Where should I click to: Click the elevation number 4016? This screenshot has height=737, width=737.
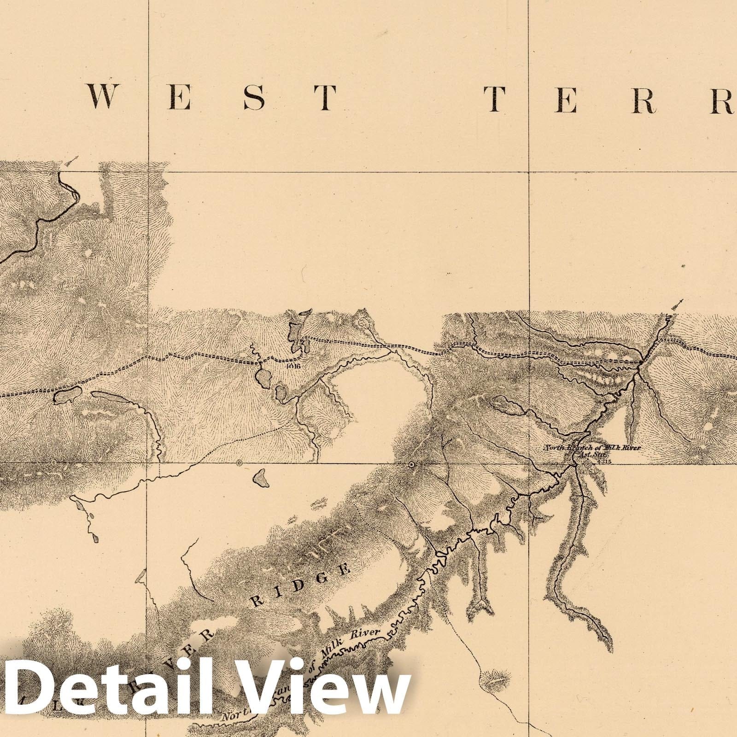(292, 366)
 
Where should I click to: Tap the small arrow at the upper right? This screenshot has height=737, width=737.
(676, 304)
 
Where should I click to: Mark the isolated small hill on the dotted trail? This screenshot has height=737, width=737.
(495, 679)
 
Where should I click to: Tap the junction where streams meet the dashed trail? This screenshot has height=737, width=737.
(641, 364)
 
